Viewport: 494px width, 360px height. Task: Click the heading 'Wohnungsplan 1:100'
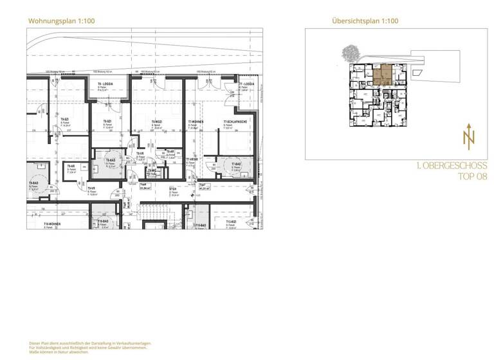pos(62,21)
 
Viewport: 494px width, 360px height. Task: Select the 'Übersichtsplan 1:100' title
pos(365,21)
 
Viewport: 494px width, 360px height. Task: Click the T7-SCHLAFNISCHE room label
pos(237,122)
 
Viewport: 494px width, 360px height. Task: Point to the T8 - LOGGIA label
pos(107,85)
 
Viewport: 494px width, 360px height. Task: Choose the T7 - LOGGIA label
pos(248,85)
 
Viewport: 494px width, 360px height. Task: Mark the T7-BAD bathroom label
pos(232,165)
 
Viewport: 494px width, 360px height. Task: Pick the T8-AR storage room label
pos(171,152)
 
